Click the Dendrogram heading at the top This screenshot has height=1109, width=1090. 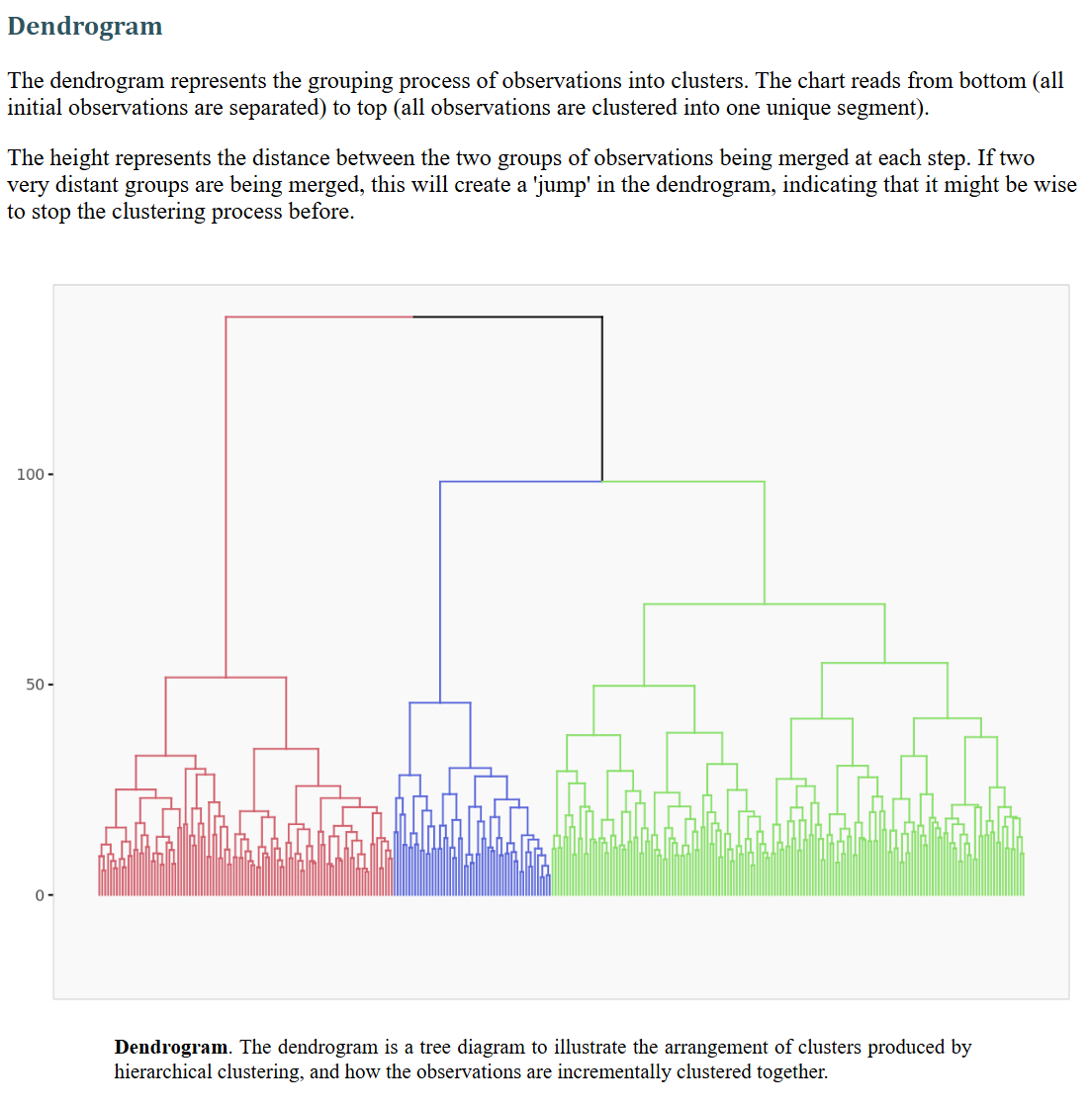pos(85,27)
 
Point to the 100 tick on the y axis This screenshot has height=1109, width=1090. pos(31,475)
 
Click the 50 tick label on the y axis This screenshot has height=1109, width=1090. pos(35,685)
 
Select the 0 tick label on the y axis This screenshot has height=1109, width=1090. pos(40,895)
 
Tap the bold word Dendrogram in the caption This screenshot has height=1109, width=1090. pos(171,1047)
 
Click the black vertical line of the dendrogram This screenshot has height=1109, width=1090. pos(601,396)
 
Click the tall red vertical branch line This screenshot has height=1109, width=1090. pos(226,495)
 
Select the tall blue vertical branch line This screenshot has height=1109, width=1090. pos(440,594)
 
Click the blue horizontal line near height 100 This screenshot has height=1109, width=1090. pos(520,482)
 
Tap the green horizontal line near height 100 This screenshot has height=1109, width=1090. pos(682,482)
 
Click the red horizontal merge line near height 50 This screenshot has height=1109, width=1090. pos(226,678)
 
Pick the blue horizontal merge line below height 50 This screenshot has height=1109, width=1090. pos(440,702)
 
